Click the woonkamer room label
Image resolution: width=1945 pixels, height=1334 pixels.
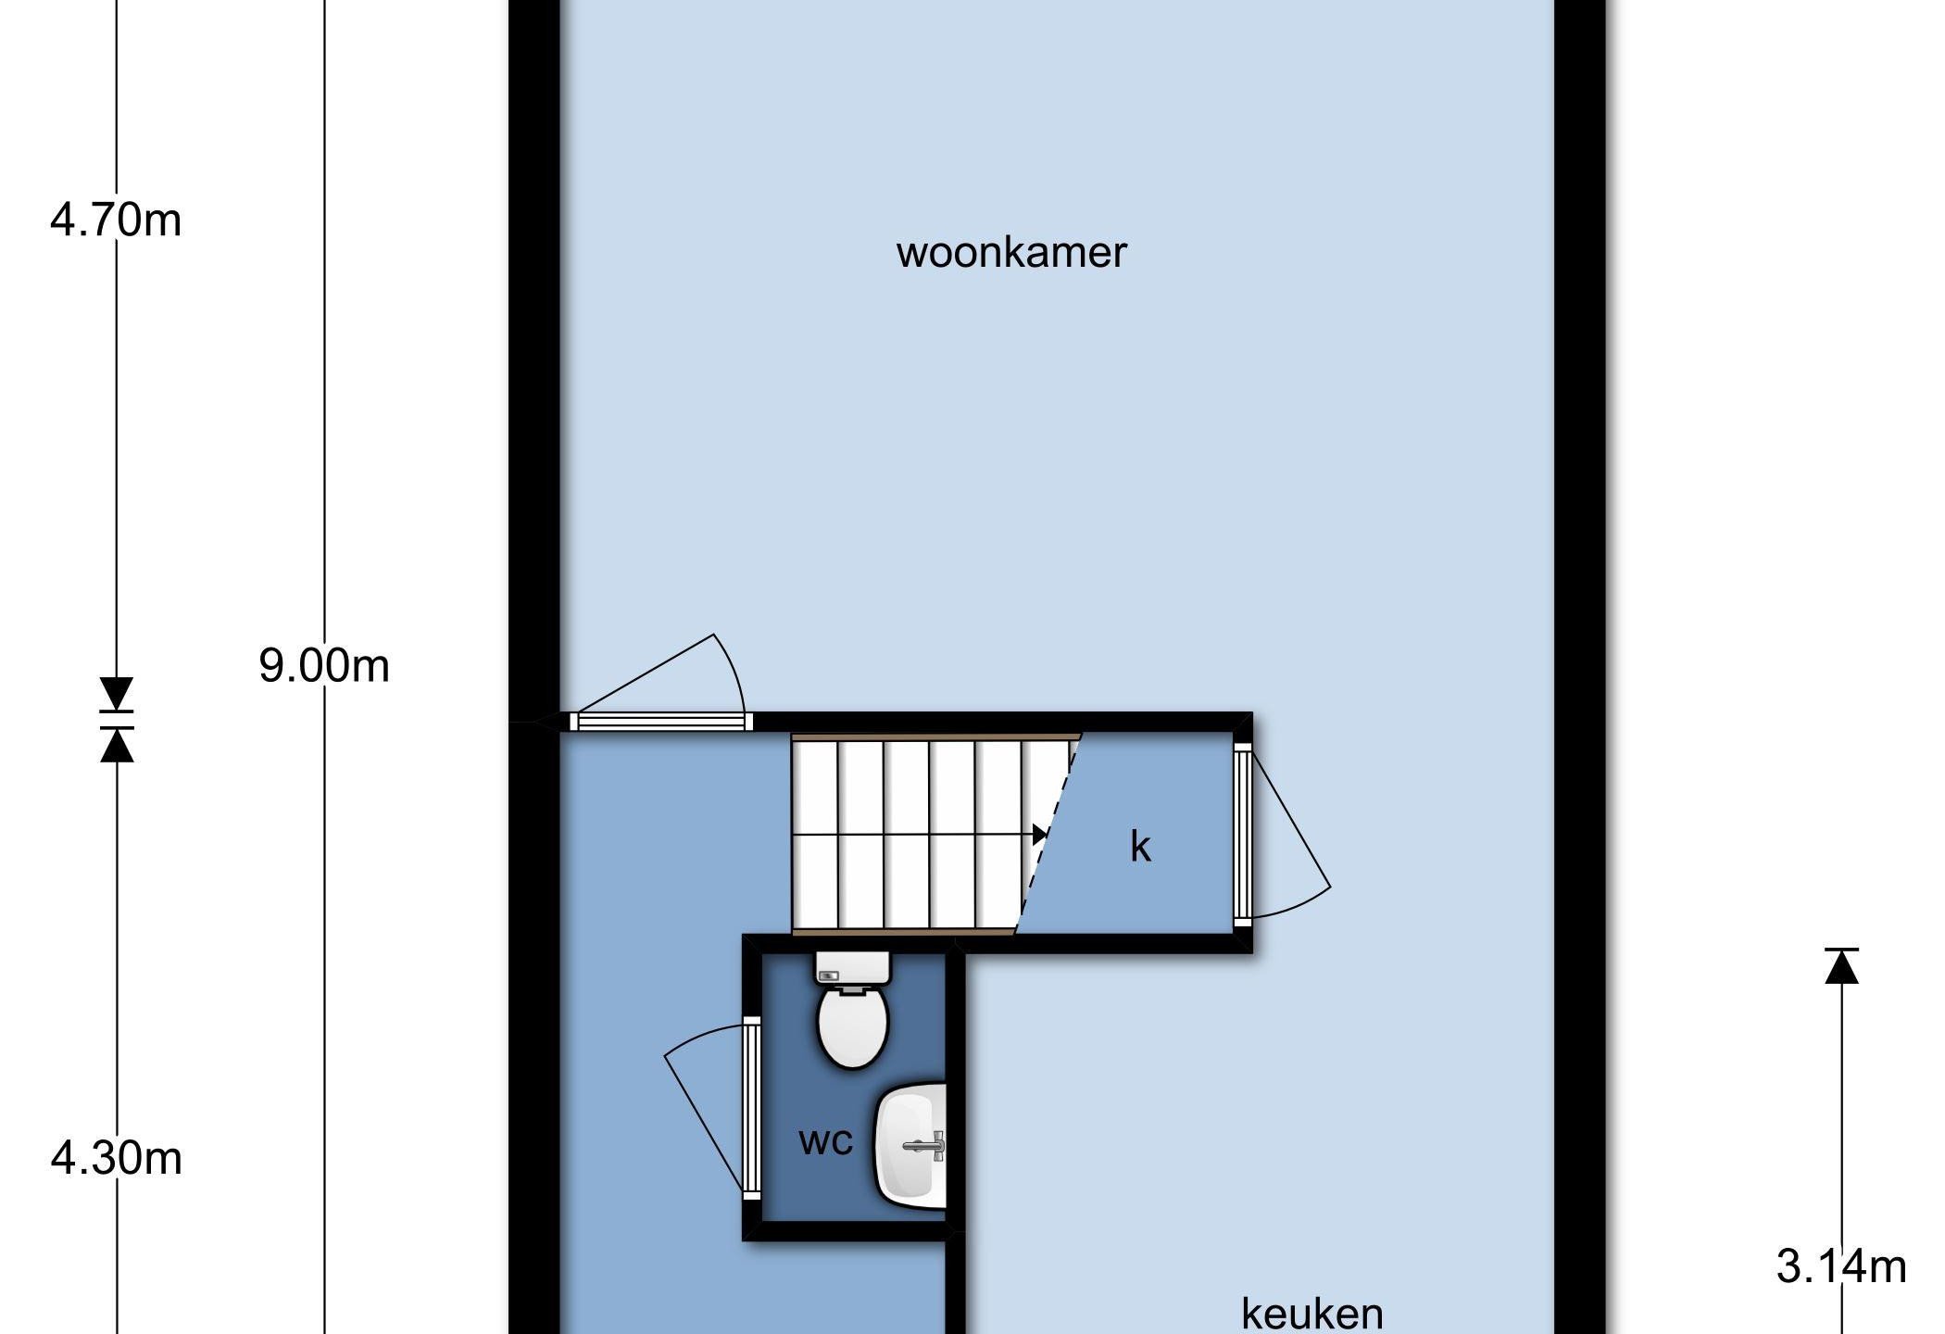pos(1011,253)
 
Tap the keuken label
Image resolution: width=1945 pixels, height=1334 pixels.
pos(1311,1313)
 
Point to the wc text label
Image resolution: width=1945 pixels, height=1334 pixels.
pos(825,1141)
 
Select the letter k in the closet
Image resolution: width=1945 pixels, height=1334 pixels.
pos(1140,846)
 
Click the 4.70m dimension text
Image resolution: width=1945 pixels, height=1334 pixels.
pos(116,220)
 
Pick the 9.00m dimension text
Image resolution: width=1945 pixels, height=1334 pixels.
pos(324,666)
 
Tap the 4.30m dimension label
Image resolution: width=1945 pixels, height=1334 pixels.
pos(116,1159)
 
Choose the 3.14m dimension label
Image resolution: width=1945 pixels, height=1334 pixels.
pos(1841,1266)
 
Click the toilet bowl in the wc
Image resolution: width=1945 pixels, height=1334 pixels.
pos(853,1026)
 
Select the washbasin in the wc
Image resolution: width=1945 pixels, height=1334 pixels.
pos(911,1147)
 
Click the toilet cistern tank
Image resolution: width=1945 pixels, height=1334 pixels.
pos(852,968)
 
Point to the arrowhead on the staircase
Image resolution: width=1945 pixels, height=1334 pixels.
pos(1040,835)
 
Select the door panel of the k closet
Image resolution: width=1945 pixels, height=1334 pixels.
pos(1243,834)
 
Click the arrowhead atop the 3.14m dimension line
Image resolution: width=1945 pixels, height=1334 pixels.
pos(1841,966)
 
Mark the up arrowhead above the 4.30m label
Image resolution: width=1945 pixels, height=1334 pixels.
pos(116,745)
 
